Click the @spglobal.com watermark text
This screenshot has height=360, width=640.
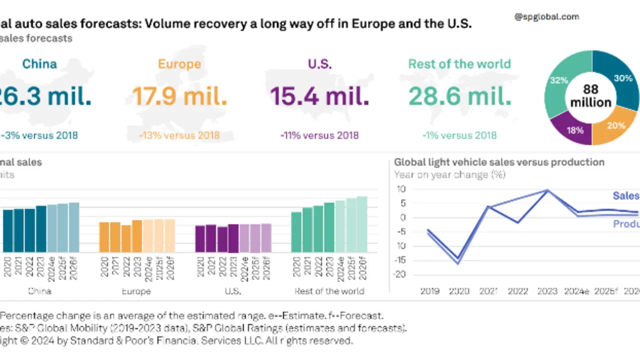coord(546,16)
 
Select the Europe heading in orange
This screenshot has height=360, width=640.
coord(179,64)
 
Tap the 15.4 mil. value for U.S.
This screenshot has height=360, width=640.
coord(319,96)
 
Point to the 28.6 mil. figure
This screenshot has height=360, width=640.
coord(460,96)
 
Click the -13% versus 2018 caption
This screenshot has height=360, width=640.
coord(179,135)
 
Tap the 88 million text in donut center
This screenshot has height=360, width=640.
coord(591,96)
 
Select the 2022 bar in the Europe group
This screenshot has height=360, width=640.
coord(126,238)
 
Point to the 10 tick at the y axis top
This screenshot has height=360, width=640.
coord(401,189)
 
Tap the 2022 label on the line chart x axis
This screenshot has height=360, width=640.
coord(518,291)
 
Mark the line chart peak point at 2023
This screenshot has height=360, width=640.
coord(547,190)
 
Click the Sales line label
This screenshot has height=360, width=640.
coord(626,196)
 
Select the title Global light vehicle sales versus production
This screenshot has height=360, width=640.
coord(499,162)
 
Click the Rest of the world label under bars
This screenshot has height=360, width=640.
coord(329,291)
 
